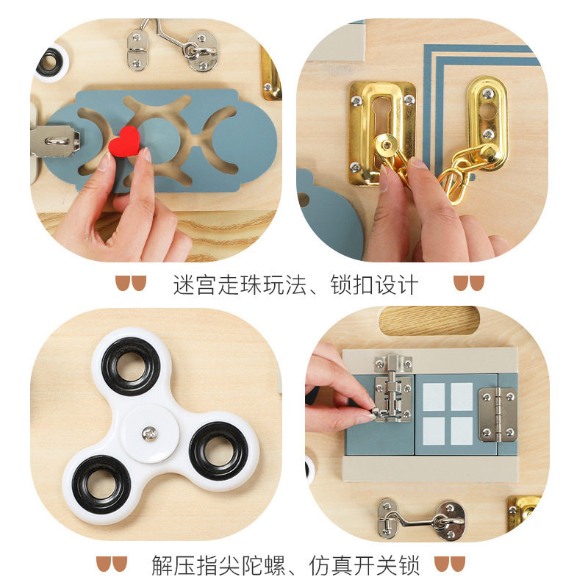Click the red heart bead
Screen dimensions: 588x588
tap(124, 142)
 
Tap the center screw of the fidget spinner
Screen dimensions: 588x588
tap(149, 434)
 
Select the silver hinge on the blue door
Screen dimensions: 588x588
tap(498, 415)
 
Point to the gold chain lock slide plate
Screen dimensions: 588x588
tap(381, 133)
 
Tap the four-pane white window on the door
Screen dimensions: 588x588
tap(448, 414)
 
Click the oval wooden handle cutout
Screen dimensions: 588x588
tap(429, 320)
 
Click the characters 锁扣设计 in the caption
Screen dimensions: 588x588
tap(374, 284)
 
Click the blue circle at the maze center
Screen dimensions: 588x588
tap(160, 140)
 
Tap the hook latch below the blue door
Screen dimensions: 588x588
tap(420, 520)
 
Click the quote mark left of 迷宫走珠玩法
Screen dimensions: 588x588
tap(131, 283)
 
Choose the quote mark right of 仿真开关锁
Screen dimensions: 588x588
tap(450, 564)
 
